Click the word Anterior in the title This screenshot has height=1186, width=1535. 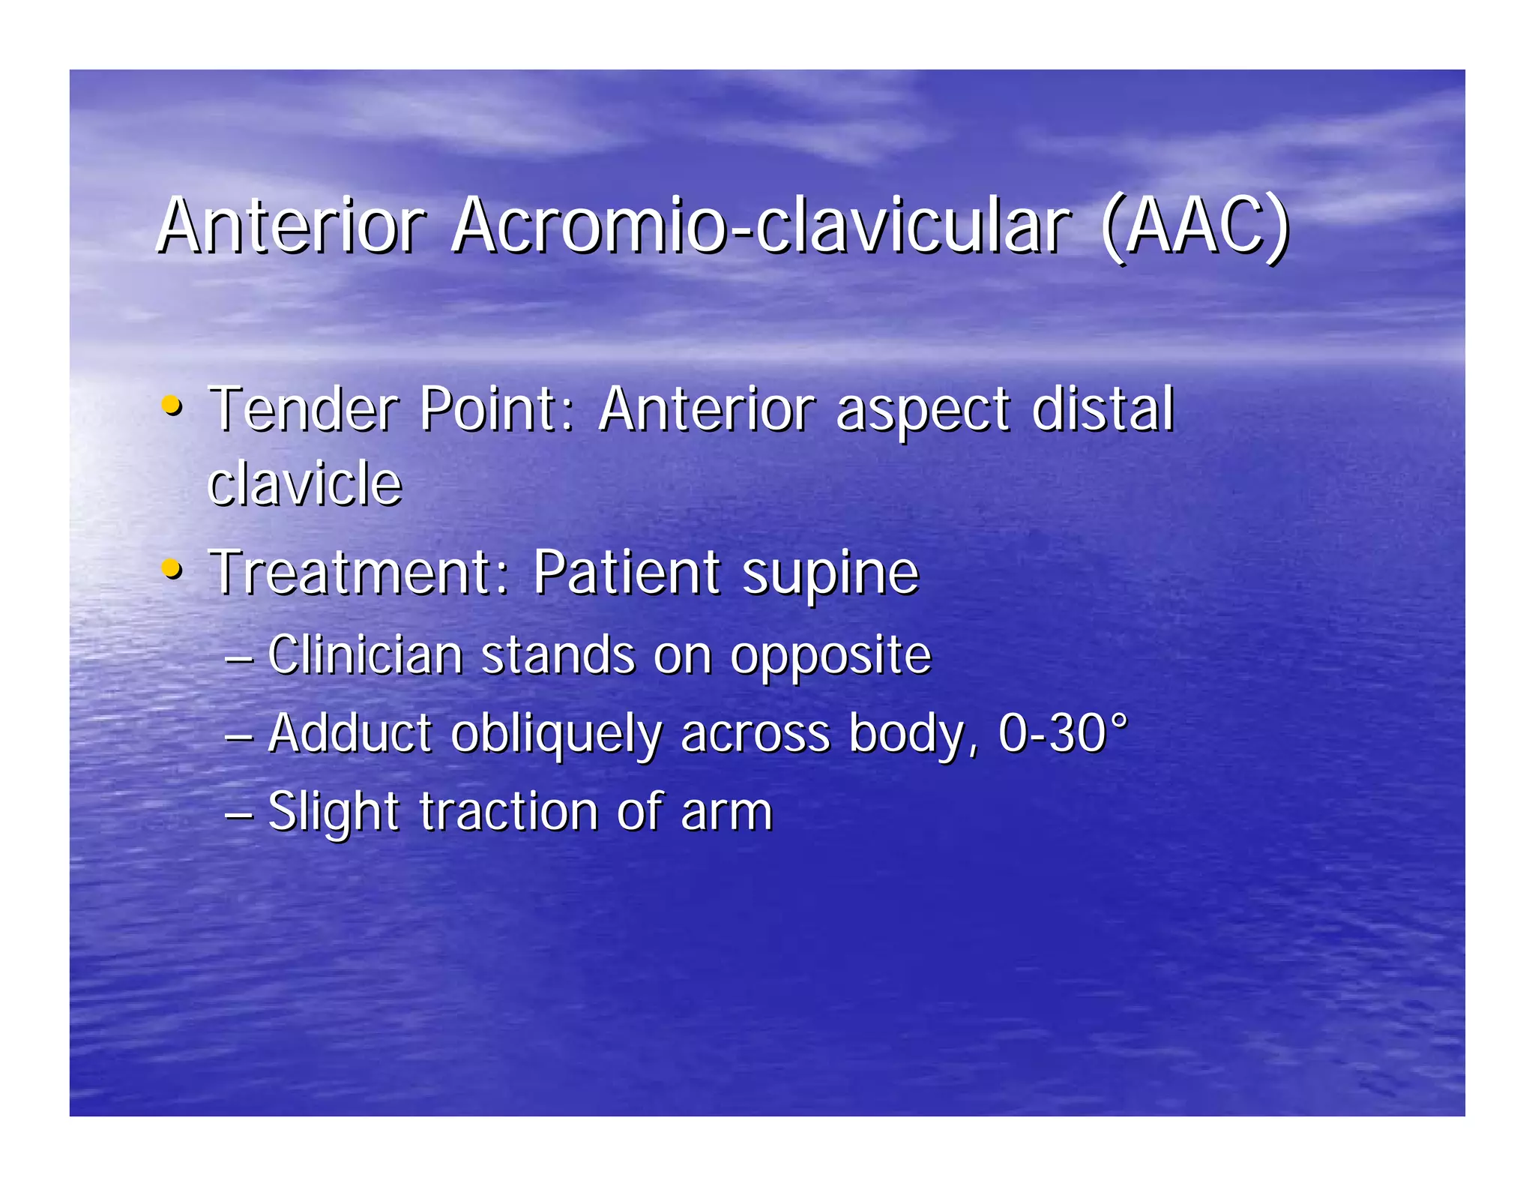click(291, 226)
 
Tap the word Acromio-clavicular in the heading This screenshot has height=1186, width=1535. click(761, 226)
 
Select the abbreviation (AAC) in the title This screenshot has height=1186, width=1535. click(1195, 227)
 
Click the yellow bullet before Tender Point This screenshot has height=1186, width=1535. click(172, 406)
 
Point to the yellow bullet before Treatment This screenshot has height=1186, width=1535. click(172, 569)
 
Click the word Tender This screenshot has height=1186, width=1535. click(303, 409)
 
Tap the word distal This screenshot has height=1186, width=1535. click(1102, 409)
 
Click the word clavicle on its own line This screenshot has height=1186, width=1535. click(304, 484)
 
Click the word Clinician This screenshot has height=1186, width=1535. click(365, 655)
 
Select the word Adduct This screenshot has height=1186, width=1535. click(349, 732)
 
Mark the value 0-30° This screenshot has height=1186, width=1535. click(1063, 732)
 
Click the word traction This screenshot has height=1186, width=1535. click(509, 812)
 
